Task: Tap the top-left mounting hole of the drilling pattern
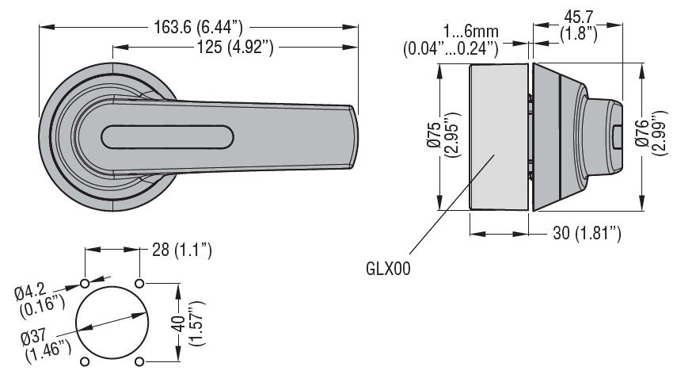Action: [x=85, y=283]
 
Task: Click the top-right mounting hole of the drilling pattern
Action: [x=140, y=283]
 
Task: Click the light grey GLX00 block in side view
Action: [x=498, y=137]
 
